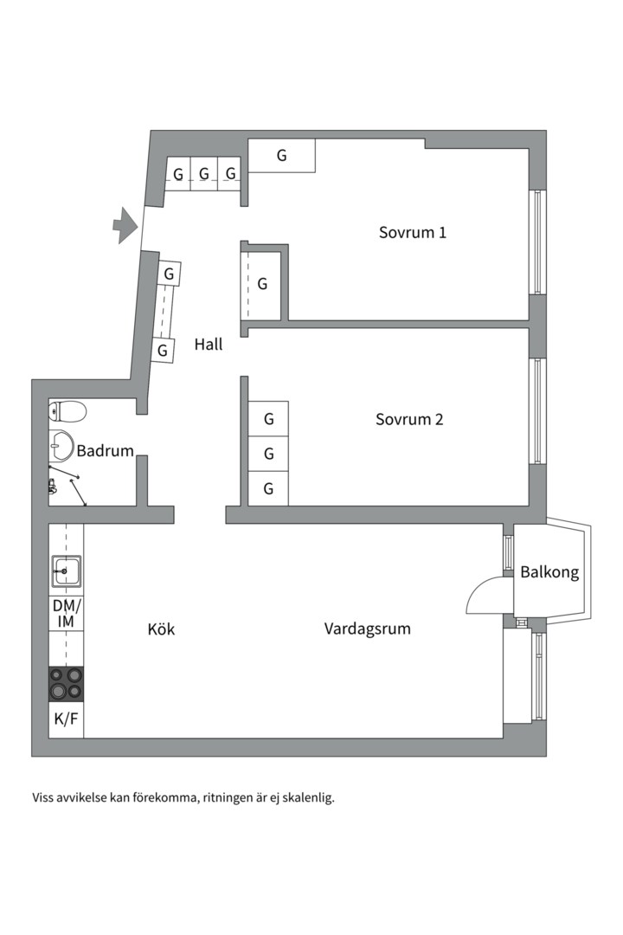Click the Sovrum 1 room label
pos(413,232)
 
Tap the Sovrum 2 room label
pos(409,419)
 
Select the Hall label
pos(208,344)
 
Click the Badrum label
pos(105,450)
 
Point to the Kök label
pos(161,629)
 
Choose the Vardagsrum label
pos(367,629)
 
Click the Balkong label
pos(549,572)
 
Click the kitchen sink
pos(66,571)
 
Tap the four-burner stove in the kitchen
pos(66,682)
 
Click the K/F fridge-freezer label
pos(66,719)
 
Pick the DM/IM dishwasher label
pos(66,613)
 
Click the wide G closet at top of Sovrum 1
pos(282,155)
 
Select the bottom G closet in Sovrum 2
pos(269,489)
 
